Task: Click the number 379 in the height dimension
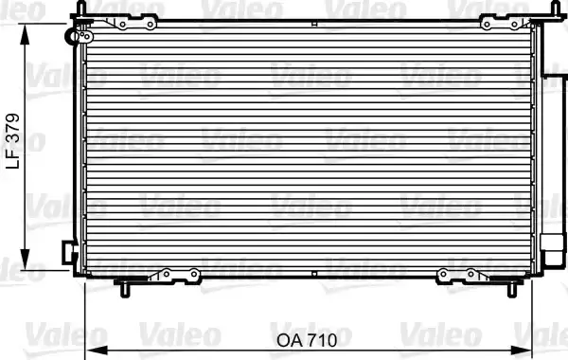click(x=13, y=129)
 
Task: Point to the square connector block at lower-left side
click(x=68, y=254)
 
